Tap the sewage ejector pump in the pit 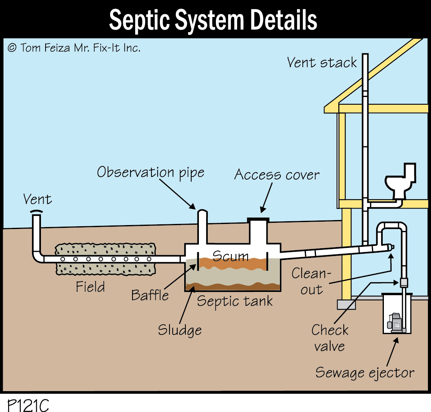(396, 322)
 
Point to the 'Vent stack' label (322, 63)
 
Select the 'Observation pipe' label (150, 172)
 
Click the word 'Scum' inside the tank (231, 256)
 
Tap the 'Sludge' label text (180, 330)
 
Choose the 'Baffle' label (150, 295)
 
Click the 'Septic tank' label (235, 301)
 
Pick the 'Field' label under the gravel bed (90, 287)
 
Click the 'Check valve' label (330, 338)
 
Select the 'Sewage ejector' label (365, 373)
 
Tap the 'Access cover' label (277, 175)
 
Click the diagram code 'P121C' (28, 405)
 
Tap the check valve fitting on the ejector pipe (404, 282)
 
